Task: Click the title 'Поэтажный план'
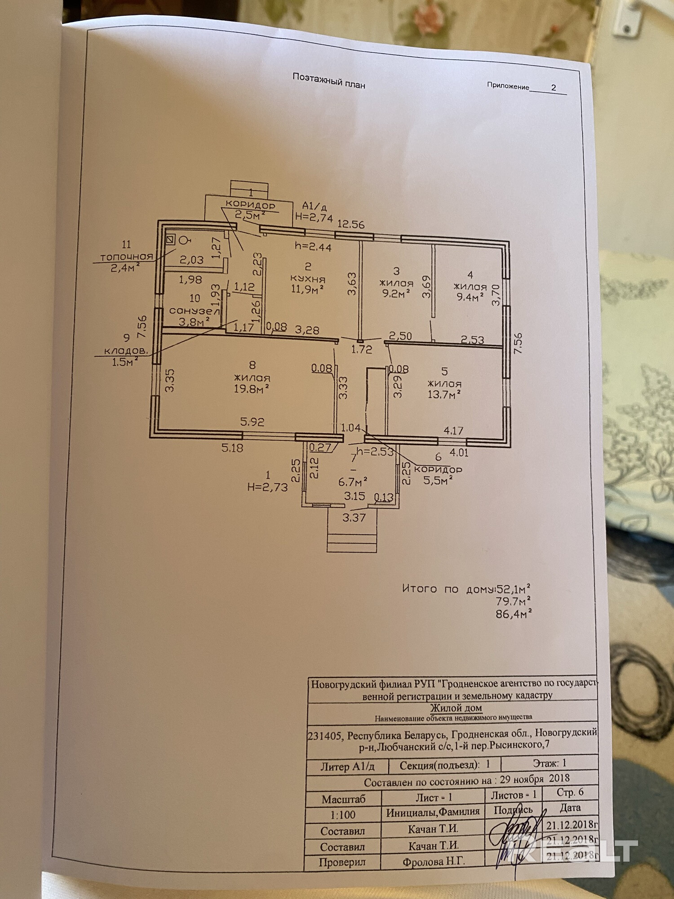[328, 80]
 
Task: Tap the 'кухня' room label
[308, 279]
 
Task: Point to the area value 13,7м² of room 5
[444, 395]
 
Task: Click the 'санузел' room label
[195, 311]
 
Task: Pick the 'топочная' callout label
[126, 257]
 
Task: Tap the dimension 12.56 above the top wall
[351, 224]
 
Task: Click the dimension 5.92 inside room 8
[252, 422]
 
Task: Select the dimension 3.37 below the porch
[354, 518]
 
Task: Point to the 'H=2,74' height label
[314, 218]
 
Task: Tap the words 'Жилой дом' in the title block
[456, 708]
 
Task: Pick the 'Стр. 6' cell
[570, 792]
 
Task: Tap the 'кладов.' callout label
[126, 351]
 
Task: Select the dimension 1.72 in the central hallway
[362, 349]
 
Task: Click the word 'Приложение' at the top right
[508, 86]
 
